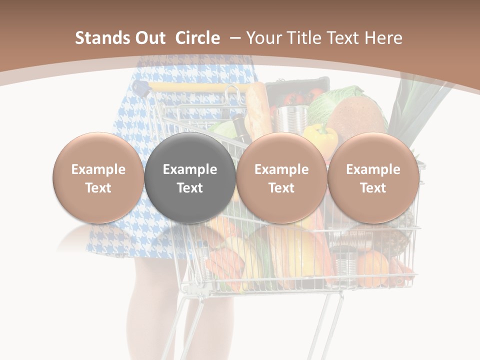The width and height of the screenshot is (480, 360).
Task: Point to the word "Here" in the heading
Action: [x=383, y=38]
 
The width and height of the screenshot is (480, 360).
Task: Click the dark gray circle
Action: [x=190, y=178]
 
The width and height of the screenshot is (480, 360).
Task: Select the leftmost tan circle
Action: [x=98, y=178]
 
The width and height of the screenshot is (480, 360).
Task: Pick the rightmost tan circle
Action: [x=373, y=178]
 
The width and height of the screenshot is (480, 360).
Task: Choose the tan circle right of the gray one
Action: [x=281, y=178]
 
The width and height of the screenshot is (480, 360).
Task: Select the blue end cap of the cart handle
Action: [x=142, y=90]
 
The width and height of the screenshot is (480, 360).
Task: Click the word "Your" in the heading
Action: [x=263, y=38]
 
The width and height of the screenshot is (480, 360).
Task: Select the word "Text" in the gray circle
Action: [x=190, y=188]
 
